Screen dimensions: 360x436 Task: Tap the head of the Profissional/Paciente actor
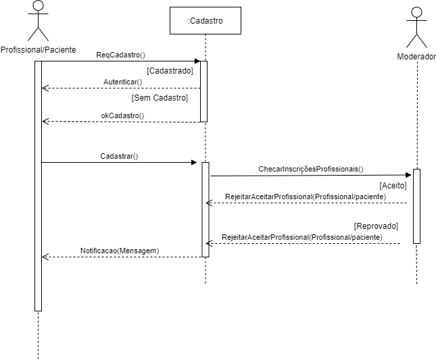pos(39,7)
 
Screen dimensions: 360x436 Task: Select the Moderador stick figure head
pos(417,12)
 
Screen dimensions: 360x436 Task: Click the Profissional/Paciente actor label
pos(39,50)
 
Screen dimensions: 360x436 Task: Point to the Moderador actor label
pos(416,57)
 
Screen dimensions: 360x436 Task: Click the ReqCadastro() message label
pos(121,55)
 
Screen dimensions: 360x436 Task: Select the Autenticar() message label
pos(122,82)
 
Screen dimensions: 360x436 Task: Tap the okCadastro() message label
pos(122,115)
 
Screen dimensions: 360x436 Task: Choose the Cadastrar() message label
pos(119,156)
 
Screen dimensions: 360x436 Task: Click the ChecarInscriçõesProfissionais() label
pos(311,169)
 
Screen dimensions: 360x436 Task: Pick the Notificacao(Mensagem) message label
pos(120,251)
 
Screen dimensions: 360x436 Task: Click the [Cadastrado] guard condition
pos(170,70)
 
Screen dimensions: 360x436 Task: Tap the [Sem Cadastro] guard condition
pos(160,98)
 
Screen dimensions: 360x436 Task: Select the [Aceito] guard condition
pos(393,184)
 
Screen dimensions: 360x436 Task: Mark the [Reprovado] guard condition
pos(377,225)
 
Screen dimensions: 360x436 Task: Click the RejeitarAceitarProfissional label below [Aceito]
pos(306,197)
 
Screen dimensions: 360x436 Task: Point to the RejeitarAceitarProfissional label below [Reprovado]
pos(302,237)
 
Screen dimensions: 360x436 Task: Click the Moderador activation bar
pos(417,206)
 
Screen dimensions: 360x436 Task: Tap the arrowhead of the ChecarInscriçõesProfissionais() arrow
pos(409,176)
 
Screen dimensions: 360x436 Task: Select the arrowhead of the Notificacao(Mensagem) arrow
pos(45,257)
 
